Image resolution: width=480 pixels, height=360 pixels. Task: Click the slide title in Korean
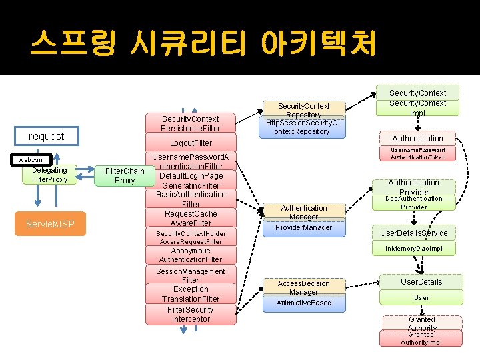coord(203,43)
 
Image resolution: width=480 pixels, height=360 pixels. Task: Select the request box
coord(47,136)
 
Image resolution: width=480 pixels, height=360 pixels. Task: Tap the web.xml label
coord(31,160)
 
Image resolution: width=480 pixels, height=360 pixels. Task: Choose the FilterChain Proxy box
coord(125,175)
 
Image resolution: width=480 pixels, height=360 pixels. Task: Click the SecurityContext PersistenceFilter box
coord(190,123)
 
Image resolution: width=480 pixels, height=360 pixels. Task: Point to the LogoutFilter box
coord(191,143)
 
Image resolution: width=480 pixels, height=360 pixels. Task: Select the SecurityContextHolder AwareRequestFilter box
coord(191,237)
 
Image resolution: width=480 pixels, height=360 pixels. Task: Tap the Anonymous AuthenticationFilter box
coord(191,255)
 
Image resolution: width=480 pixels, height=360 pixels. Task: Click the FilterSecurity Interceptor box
coord(191,315)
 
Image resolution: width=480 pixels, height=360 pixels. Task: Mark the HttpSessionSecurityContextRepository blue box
coord(303,127)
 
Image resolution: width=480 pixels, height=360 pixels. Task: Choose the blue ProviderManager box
coord(303,227)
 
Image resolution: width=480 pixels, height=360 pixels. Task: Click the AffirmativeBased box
coord(303,303)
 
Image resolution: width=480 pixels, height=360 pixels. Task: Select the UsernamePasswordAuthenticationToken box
coord(417,154)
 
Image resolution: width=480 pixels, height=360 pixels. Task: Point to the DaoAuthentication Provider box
coord(413,203)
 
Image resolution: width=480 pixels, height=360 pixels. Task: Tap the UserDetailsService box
coord(413,233)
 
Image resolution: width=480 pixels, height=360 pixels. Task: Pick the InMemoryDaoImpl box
coord(413,249)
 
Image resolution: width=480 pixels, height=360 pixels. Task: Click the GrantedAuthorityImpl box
coord(421,338)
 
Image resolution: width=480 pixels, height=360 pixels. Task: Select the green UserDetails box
coord(421,281)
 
